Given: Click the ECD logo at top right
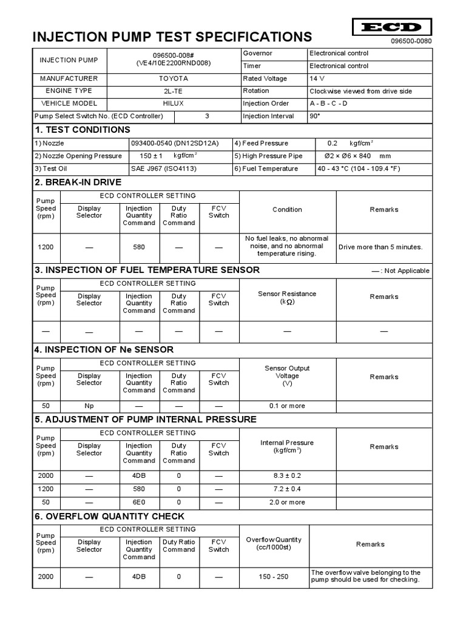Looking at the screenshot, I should (391, 27).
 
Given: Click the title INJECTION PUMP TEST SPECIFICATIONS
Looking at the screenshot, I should (172, 36).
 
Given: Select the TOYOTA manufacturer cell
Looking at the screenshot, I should (174, 79).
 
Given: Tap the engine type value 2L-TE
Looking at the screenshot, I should (174, 91).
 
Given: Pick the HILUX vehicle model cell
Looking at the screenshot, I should (174, 104).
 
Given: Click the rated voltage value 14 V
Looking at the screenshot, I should (317, 79).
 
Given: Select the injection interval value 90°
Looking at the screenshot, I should (314, 116).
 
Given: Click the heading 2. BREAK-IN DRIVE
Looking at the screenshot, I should (78, 182).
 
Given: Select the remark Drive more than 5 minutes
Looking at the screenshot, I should (380, 247).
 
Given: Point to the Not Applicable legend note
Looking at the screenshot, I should (400, 270).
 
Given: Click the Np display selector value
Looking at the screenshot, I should (89, 406).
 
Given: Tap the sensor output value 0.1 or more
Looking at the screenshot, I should (287, 406).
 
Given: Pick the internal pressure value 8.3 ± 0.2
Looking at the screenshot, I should (287, 476).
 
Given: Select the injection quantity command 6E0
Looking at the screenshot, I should (139, 502).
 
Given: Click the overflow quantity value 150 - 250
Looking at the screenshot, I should (273, 577).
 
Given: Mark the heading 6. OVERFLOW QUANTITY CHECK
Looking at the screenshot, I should (110, 516).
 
